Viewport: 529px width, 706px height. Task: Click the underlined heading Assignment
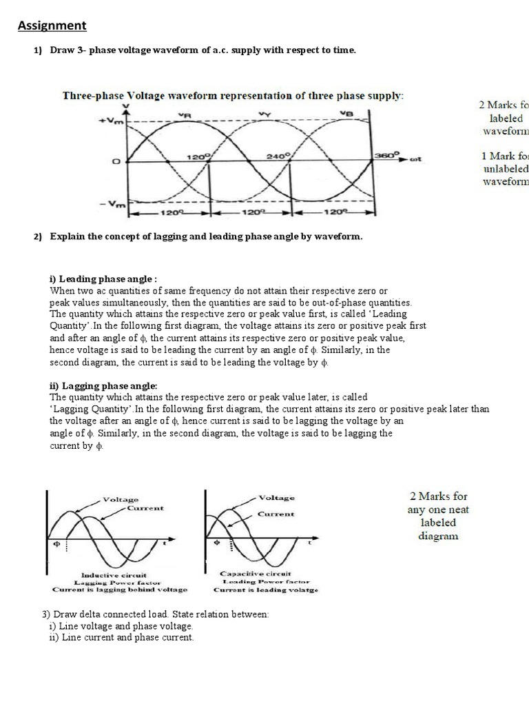(x=52, y=26)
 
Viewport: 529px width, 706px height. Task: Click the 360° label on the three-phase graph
(x=386, y=157)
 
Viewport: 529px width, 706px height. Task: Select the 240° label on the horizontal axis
(x=279, y=157)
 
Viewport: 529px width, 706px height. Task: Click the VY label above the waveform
(x=264, y=114)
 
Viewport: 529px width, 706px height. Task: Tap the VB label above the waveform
(x=346, y=114)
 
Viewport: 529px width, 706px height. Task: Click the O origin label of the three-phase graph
(x=116, y=161)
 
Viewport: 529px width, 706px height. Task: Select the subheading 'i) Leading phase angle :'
(x=103, y=279)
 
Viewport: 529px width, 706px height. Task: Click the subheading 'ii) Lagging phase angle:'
(x=103, y=385)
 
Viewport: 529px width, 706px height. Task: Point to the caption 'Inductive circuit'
(x=114, y=574)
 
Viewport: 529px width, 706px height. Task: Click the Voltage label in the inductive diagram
(x=121, y=499)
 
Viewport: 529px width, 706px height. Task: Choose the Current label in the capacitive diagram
(x=276, y=514)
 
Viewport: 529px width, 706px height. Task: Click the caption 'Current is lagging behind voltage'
(x=119, y=590)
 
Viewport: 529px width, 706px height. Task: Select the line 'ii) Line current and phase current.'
(x=121, y=638)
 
